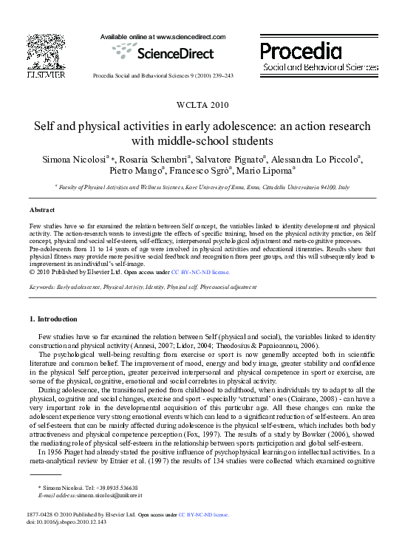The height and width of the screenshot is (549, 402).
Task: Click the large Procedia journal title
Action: pyautogui.click(x=301, y=51)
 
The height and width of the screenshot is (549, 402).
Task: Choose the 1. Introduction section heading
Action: pyautogui.click(x=52, y=319)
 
